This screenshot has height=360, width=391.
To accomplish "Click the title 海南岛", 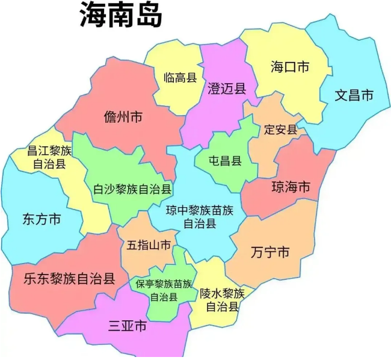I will [121, 16].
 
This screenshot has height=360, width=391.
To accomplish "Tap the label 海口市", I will [289, 66].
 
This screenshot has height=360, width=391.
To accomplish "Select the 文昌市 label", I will [354, 95].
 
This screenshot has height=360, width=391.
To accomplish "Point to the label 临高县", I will [180, 77].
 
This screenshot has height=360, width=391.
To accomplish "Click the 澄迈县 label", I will [227, 89].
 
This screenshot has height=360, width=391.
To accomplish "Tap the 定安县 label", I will [280, 129].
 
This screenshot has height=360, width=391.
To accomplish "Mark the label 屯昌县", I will [224, 160].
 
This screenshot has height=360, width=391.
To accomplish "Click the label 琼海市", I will [291, 187].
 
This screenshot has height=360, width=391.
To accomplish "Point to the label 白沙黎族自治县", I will [132, 189].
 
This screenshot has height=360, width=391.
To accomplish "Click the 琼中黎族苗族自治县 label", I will [199, 217].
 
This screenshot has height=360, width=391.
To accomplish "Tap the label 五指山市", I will [149, 246].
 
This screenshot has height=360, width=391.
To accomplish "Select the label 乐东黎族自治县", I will [69, 279].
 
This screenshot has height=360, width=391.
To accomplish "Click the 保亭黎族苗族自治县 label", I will [163, 290].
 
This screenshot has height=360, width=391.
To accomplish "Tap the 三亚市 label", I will [127, 327].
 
